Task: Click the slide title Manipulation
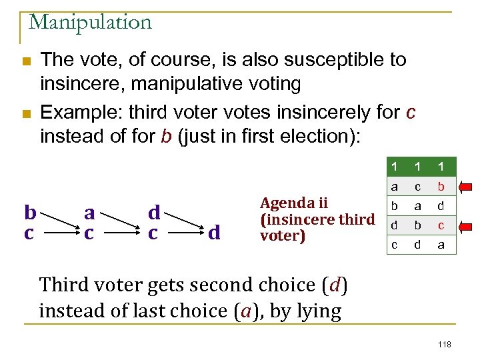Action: coord(90,22)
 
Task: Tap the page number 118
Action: coord(445,344)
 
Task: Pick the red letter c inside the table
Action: coord(441,225)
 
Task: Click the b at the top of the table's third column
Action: coord(441,187)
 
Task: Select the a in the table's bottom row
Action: coord(441,245)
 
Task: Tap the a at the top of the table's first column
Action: coord(395,187)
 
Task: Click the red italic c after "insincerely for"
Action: coord(410,111)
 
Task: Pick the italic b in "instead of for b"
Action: coord(165,136)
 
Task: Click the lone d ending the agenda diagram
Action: coord(214,233)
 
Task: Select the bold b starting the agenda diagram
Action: coord(29,213)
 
